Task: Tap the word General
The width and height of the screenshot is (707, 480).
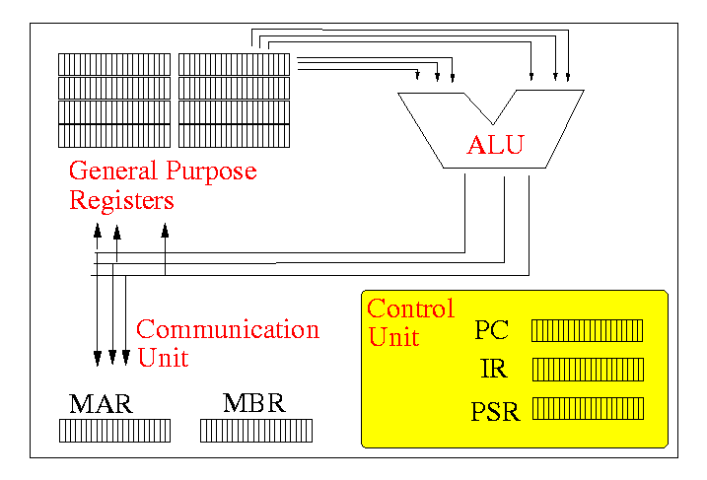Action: pos(112,171)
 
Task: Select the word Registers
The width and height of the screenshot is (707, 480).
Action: pos(120,200)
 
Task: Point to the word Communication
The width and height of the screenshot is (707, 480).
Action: pos(228,329)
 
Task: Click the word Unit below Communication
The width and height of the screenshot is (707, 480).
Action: pos(162,357)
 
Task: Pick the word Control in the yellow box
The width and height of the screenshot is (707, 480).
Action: pos(410,309)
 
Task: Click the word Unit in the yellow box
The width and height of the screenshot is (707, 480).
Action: pos(393,337)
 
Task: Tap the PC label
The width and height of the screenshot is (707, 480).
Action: pos(491,330)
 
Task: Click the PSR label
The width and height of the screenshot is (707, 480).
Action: pos(495,410)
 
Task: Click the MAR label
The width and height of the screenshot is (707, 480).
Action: pos(101,405)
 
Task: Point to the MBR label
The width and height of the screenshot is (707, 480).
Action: pos(253,404)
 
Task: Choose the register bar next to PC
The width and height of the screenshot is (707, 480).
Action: pos(587,330)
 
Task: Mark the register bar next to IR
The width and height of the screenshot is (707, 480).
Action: pos(587,370)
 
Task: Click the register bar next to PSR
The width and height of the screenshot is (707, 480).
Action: pos(587,408)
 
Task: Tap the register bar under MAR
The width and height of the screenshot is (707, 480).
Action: pos(114,431)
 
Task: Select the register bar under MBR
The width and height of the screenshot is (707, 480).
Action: pos(256,431)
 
